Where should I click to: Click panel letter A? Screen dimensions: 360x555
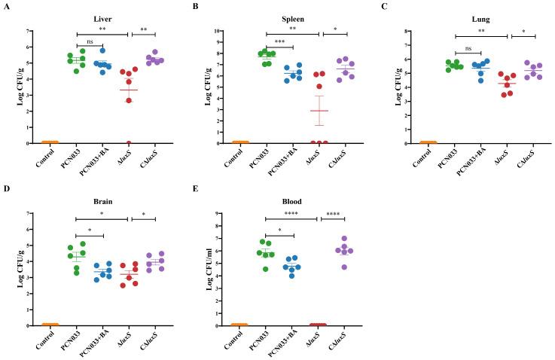tap(6, 7)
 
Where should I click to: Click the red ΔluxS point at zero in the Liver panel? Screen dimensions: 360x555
tap(129, 142)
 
